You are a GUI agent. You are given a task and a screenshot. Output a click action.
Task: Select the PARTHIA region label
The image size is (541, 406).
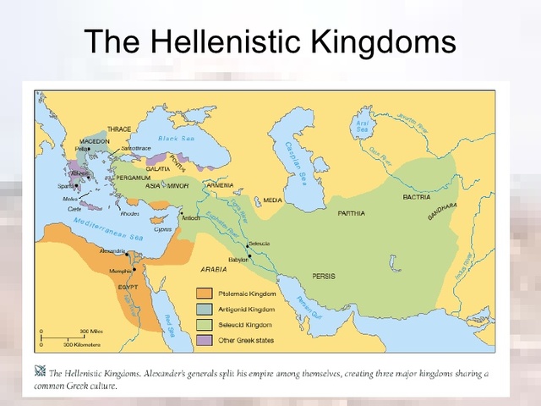click(352, 213)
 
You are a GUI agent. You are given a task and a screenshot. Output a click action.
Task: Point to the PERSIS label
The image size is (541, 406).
click(324, 276)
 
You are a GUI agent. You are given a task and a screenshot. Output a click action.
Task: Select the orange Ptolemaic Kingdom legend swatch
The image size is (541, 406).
click(203, 294)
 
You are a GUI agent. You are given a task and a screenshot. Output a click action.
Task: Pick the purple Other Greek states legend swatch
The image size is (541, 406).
click(203, 338)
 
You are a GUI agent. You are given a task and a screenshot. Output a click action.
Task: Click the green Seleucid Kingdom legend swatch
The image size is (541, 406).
click(203, 323)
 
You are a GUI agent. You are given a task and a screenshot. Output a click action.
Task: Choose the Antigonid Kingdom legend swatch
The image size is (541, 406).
click(203, 309)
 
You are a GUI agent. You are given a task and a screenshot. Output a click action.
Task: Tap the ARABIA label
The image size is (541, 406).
click(213, 268)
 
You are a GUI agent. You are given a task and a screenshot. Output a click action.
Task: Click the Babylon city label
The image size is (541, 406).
click(240, 260)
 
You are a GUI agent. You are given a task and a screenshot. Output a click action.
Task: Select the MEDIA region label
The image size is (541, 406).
click(272, 200)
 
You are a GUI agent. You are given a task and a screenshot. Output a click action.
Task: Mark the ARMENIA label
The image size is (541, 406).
click(220, 184)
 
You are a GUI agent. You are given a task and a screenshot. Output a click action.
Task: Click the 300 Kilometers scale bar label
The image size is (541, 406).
click(82, 345)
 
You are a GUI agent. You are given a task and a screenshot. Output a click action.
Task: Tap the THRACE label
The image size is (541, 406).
click(118, 129)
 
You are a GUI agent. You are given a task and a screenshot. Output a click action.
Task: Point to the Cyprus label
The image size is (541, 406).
click(163, 228)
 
